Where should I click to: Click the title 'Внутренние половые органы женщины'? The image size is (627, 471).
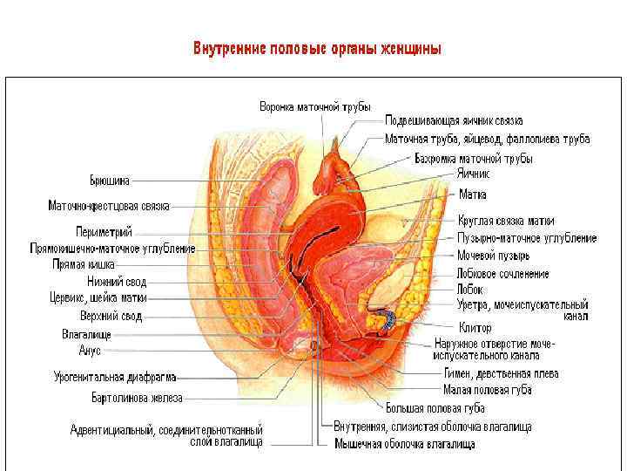(x=317, y=48)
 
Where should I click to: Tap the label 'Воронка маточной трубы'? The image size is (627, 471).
(x=315, y=106)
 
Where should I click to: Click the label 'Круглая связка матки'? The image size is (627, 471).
(x=505, y=222)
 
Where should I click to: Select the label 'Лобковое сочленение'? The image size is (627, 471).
(x=502, y=274)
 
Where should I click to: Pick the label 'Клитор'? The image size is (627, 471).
(x=474, y=328)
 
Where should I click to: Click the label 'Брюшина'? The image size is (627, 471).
(x=110, y=181)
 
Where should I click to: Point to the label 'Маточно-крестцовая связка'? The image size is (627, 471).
(x=109, y=207)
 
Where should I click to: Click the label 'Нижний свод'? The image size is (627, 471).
(x=117, y=282)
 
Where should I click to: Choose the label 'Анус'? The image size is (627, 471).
(x=91, y=350)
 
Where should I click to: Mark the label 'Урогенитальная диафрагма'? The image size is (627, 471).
(x=115, y=378)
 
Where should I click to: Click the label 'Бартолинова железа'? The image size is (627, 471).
(x=138, y=398)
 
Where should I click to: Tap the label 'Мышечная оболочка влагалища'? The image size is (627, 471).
(x=404, y=444)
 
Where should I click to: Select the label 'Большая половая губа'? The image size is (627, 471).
(x=435, y=407)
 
